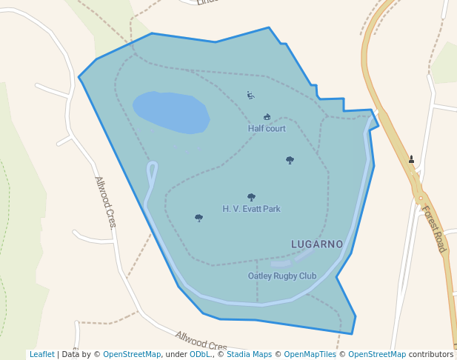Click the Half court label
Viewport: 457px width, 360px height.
tap(267, 129)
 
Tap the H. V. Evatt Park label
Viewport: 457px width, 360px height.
tap(251, 209)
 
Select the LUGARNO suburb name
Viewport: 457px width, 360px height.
tap(317, 244)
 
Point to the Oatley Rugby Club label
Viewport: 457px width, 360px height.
tap(281, 276)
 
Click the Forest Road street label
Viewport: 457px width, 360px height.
tap(433, 229)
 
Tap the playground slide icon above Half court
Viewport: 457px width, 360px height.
tap(251, 95)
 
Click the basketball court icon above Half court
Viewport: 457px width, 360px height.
tap(267, 117)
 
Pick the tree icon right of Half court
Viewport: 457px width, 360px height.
tap(290, 160)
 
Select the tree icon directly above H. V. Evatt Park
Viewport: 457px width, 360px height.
tap(251, 197)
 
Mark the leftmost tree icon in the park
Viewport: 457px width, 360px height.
tap(199, 218)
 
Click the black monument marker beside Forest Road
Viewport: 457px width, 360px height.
tap(411, 159)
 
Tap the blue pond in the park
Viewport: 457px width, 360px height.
tap(171, 112)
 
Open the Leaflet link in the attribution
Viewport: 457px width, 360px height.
tap(41, 355)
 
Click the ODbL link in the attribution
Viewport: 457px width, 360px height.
tap(200, 355)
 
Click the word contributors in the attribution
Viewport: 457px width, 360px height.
tap(431, 355)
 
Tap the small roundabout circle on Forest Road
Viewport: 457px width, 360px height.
tap(421, 199)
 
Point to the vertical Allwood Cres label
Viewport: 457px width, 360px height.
tap(105, 201)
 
